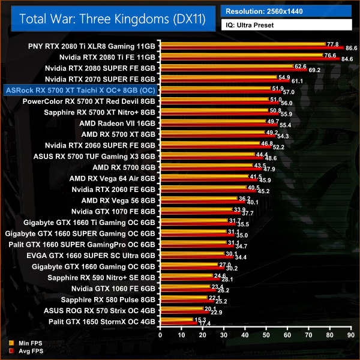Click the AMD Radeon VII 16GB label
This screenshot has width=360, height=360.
point(117,123)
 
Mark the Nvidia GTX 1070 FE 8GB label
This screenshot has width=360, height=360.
point(113,211)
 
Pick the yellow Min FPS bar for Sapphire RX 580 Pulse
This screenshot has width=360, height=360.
point(183,297)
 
